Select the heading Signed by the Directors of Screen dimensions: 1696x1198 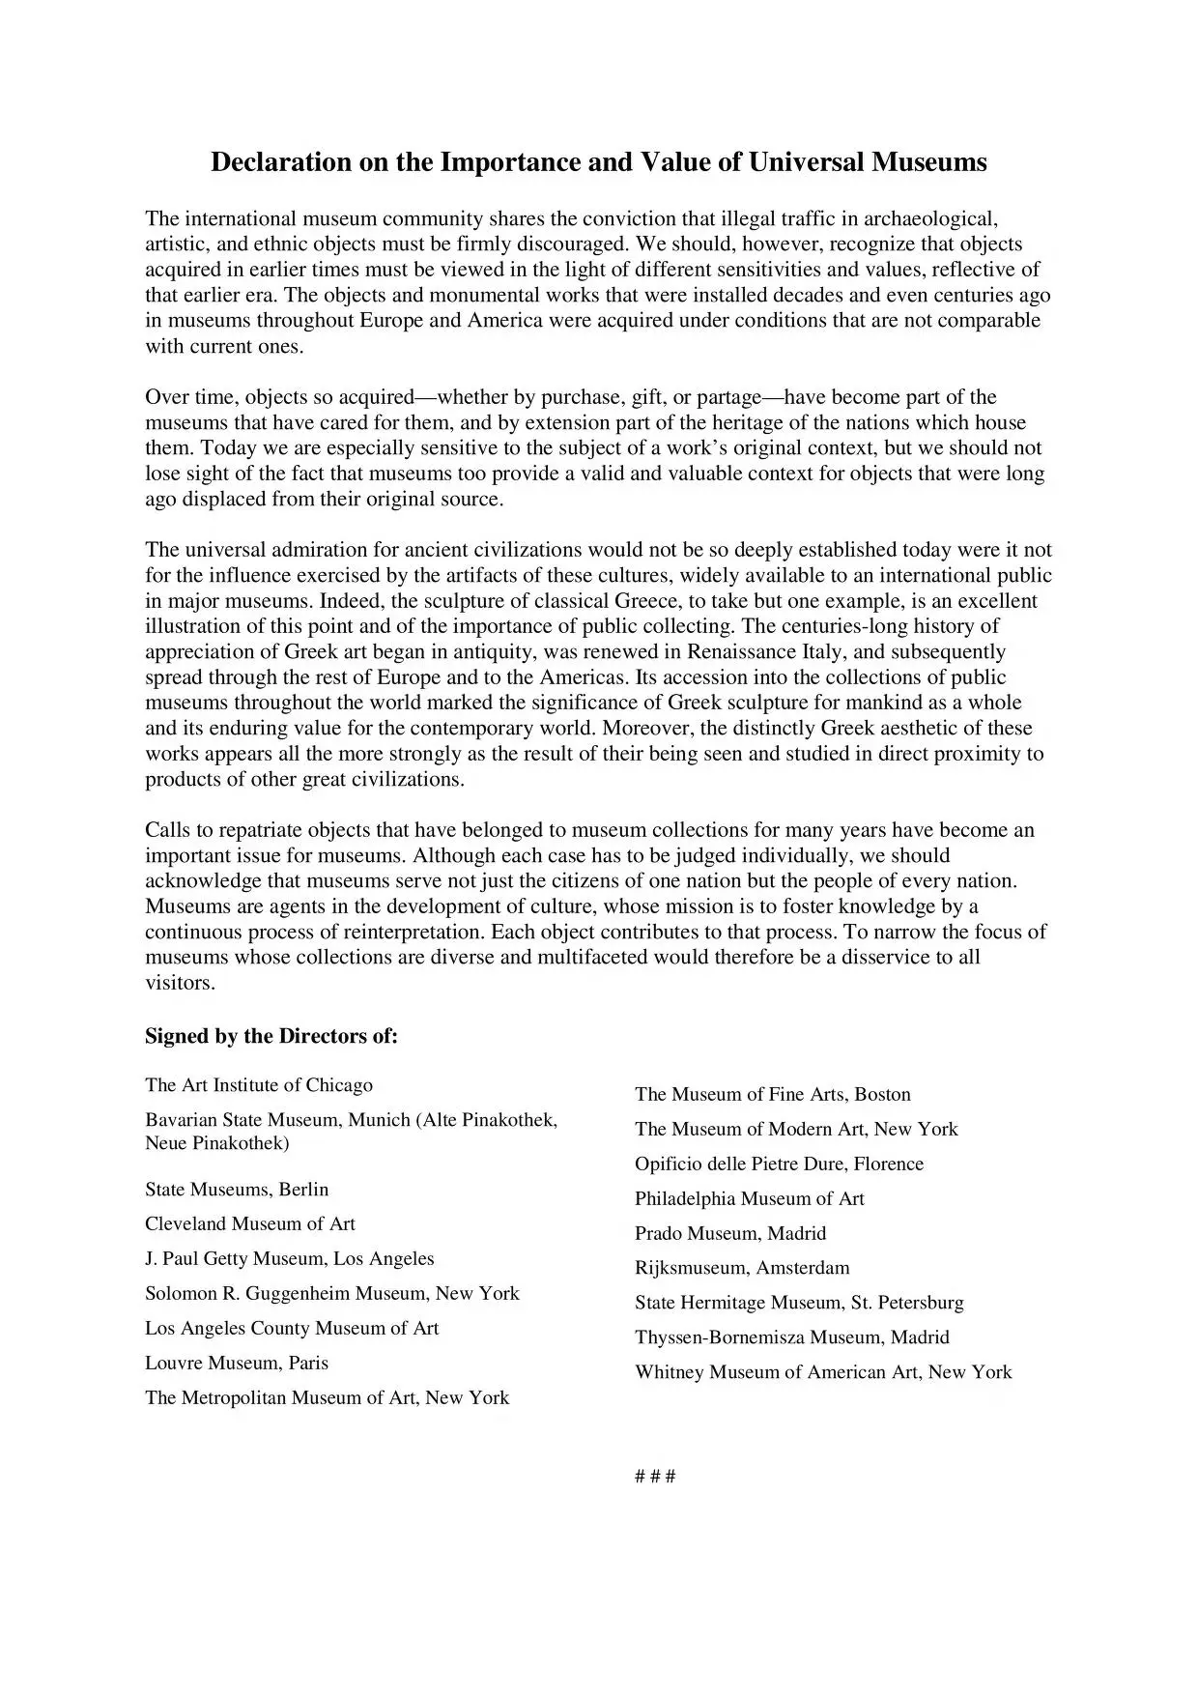tap(271, 1037)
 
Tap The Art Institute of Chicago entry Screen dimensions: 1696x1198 tap(259, 1085)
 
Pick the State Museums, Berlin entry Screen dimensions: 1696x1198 tap(237, 1190)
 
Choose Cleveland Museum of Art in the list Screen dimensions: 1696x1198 tap(250, 1224)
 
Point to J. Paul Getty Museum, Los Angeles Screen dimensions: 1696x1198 tap(290, 1259)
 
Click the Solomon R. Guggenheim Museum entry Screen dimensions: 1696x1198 tap(332, 1294)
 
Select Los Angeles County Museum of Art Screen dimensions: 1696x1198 tap(292, 1329)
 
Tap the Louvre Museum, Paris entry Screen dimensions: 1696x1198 tap(237, 1364)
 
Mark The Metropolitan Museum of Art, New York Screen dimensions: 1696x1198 tap(327, 1398)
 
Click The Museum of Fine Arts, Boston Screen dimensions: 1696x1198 tap(773, 1095)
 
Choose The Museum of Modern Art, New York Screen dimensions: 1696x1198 tap(796, 1130)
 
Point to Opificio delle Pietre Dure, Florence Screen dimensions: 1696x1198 tap(779, 1164)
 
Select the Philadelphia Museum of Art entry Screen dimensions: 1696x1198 tap(750, 1199)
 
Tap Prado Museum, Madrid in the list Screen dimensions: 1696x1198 tap(730, 1234)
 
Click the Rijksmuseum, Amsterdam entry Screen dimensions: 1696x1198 tap(742, 1269)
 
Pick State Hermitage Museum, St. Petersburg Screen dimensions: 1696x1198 tap(799, 1304)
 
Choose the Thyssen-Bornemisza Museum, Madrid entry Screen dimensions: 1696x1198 tap(792, 1338)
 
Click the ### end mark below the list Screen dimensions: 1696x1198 tap(655, 1477)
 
